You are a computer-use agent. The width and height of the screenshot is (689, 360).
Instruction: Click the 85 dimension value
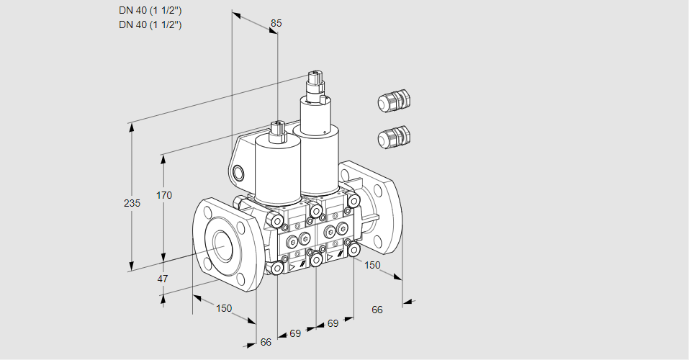[x=276, y=23]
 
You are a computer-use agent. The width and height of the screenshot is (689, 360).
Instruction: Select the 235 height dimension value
[x=132, y=203]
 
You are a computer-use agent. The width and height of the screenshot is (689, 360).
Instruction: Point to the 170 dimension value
[x=164, y=195]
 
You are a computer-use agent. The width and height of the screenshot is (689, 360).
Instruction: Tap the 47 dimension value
[x=163, y=279]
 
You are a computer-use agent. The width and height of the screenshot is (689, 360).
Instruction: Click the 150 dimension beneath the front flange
[x=224, y=308]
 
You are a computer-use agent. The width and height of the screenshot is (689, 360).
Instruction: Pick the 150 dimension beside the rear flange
[x=372, y=265]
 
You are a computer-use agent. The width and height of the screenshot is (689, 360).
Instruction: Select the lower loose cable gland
[x=394, y=137]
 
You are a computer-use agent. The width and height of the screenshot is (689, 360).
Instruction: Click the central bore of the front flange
[x=224, y=243]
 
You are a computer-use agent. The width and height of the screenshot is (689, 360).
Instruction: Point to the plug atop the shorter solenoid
[x=278, y=132]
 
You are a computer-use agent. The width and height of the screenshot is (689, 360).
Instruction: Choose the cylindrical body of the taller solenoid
[x=316, y=150]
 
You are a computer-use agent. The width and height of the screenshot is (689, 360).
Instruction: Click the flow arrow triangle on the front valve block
[x=292, y=266]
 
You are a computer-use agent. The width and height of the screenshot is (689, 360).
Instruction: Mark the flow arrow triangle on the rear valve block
[x=329, y=257]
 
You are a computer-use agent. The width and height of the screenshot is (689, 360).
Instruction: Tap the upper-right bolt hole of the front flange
[x=240, y=228]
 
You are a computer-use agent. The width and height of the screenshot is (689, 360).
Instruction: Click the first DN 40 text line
[x=150, y=11]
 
